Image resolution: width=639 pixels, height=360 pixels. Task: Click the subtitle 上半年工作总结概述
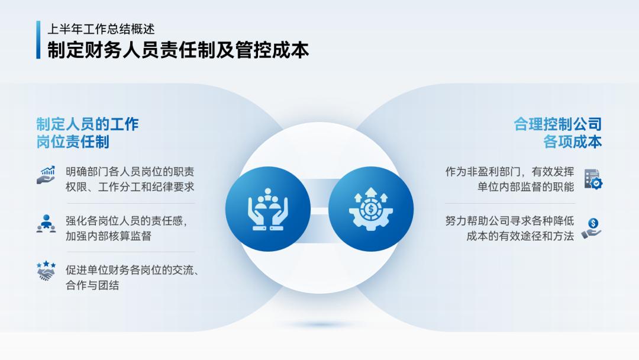coord(101,28)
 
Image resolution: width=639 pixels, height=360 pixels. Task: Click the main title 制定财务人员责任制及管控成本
coord(178,50)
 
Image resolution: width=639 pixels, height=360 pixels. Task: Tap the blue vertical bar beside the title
coord(38,40)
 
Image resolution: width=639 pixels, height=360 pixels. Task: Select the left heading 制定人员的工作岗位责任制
coord(87,133)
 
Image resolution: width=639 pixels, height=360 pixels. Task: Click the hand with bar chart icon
coord(46,175)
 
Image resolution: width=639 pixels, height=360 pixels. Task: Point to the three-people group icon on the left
coord(46,224)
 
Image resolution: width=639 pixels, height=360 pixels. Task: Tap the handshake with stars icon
coord(46,271)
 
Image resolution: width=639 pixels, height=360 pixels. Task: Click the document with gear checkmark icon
coord(593,179)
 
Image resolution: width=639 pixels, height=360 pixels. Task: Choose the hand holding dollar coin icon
coord(591,228)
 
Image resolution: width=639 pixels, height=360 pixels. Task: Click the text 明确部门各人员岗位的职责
coord(130,172)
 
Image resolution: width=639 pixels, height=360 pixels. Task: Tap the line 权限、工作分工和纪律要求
coord(130,187)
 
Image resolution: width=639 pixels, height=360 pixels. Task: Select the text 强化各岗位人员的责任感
coord(126,221)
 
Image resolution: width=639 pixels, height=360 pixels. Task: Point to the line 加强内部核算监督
coord(108,236)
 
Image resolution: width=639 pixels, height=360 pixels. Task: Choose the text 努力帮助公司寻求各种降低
coord(509,221)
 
